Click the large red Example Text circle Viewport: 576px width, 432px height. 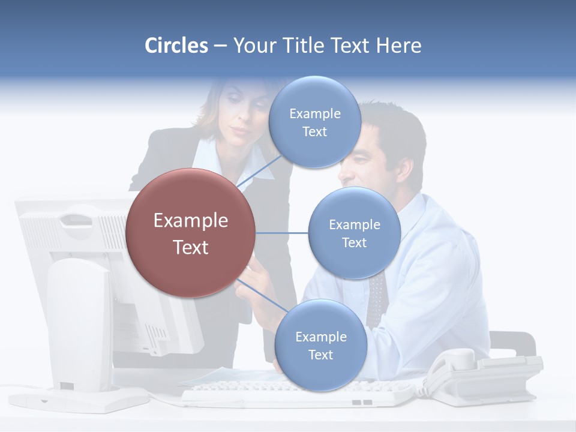point(191,233)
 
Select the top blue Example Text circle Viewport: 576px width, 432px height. point(315,122)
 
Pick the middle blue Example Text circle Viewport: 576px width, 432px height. point(354,233)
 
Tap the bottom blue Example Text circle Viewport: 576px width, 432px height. point(320,346)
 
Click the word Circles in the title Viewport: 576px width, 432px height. point(176,46)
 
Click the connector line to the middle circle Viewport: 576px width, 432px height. point(281,233)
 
